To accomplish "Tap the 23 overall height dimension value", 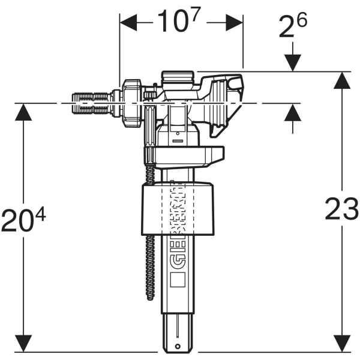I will (341, 209).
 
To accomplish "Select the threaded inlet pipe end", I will (90, 103).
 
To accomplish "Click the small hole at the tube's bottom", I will (178, 347).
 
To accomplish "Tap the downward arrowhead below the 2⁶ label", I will (293, 62).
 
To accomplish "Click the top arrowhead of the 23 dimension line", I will (341, 80).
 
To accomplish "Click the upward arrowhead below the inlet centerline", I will (293, 112).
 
